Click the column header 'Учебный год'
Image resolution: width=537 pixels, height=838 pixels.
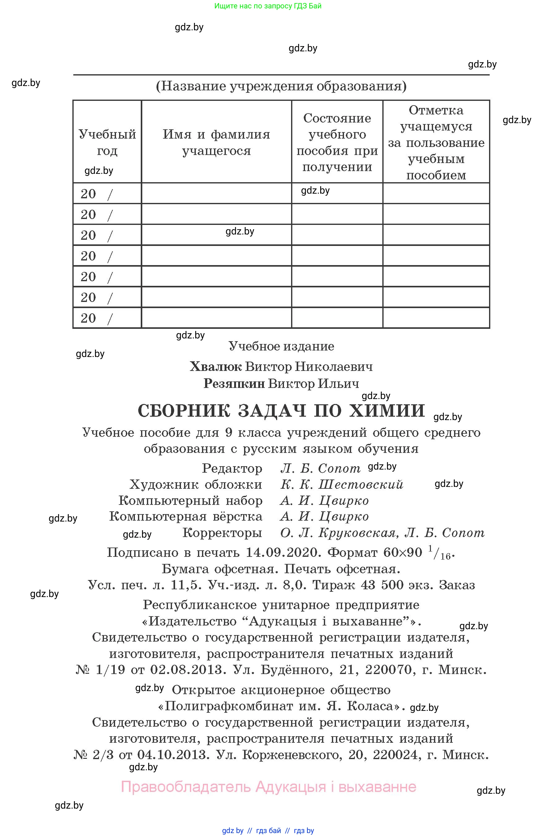tap(107, 142)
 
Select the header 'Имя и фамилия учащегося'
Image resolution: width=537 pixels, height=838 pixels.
tap(216, 142)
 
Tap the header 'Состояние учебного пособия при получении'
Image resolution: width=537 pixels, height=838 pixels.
tap(337, 142)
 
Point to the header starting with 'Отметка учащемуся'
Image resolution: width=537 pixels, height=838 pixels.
tap(436, 142)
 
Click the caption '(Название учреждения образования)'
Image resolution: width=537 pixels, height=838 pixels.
tap(281, 86)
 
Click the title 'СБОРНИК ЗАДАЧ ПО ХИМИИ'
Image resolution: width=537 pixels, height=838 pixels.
tap(281, 410)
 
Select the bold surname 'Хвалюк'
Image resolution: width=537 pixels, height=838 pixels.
tap(216, 367)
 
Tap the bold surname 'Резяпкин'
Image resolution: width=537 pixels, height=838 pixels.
tap(234, 384)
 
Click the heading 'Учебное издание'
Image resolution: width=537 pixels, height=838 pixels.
tap(281, 346)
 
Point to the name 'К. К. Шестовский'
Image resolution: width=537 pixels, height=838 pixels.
tap(342, 484)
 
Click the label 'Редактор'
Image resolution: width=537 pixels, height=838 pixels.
tap(232, 468)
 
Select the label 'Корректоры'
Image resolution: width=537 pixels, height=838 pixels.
tap(222, 533)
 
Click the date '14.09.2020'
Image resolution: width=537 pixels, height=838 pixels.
tap(282, 553)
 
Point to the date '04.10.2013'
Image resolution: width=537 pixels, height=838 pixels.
tap(173, 755)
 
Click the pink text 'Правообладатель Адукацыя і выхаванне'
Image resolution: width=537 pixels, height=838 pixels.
tap(268, 787)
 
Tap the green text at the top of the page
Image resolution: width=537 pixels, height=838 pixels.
tap(268, 6)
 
